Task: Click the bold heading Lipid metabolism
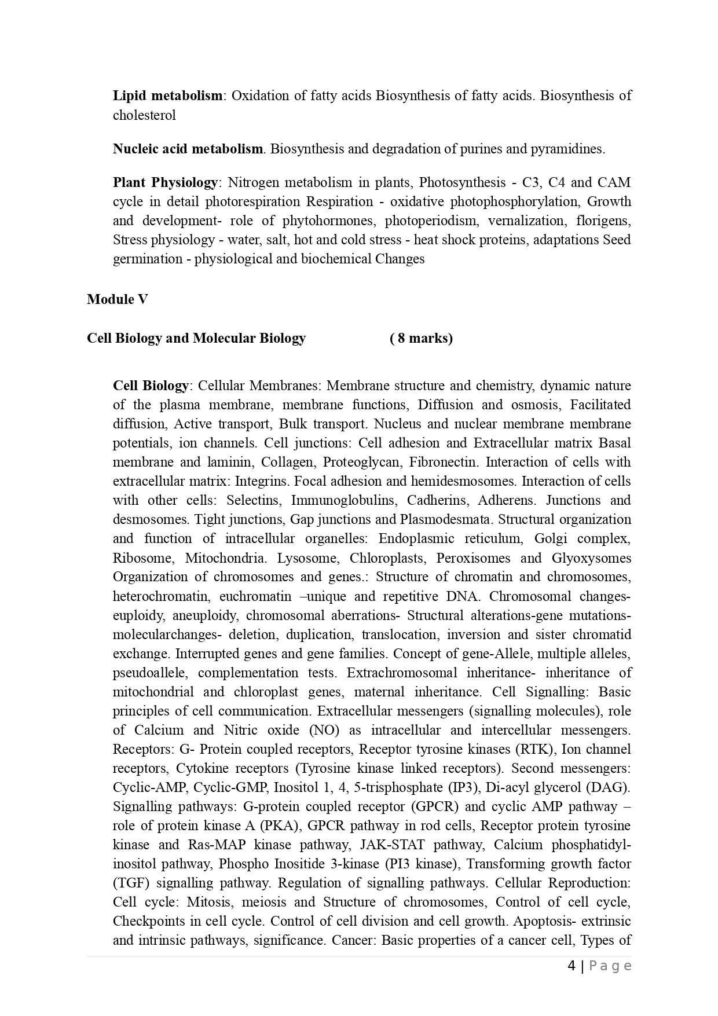point(167,96)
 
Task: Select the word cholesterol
point(144,115)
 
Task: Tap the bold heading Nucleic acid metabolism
point(188,149)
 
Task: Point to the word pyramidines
point(569,149)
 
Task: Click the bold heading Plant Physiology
point(165,182)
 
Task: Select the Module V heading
point(118,299)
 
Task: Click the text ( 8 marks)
point(421,338)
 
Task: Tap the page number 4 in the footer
point(572,966)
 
